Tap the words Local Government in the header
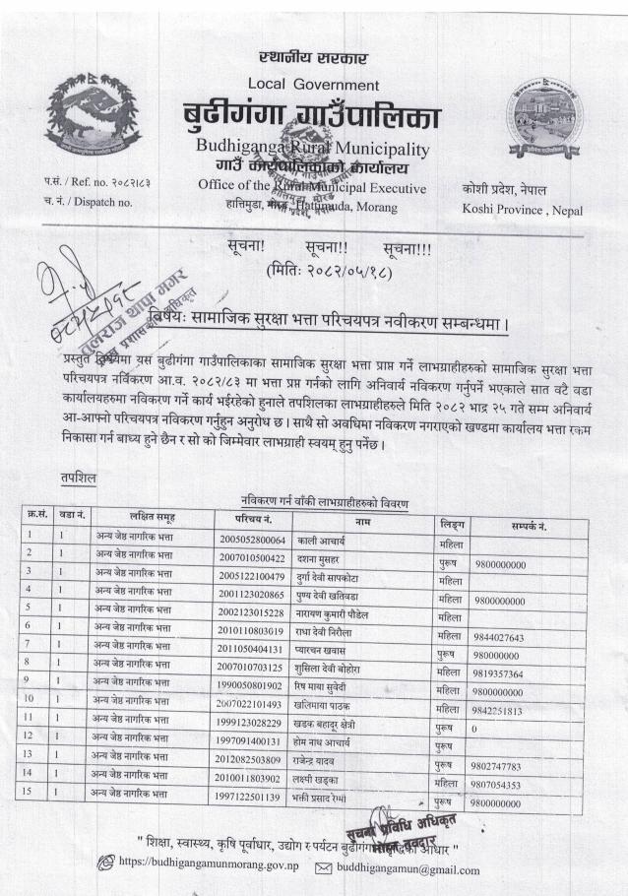pyautogui.click(x=313, y=85)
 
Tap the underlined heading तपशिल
pyautogui.click(x=78, y=477)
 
